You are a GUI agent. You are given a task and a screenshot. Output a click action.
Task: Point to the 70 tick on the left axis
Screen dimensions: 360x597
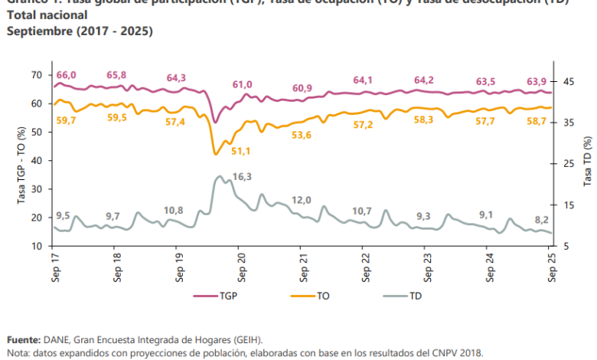pos(36,74)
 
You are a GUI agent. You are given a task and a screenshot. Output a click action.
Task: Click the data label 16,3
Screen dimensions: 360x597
pos(242,177)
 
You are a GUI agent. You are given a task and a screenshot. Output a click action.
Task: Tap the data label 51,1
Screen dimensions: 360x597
pos(242,152)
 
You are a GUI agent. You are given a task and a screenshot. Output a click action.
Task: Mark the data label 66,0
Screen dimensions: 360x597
pos(66,74)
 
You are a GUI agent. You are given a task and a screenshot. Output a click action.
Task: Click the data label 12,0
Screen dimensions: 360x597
pos(302,200)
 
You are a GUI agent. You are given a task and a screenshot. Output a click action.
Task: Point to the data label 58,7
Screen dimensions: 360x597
pos(536,121)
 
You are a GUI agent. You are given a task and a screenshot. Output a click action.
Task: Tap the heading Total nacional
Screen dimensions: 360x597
pos(47,15)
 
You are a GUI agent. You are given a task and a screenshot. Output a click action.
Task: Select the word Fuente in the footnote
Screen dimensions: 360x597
pos(24,339)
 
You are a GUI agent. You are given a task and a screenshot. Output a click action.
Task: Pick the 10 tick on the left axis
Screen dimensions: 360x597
pos(36,246)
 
